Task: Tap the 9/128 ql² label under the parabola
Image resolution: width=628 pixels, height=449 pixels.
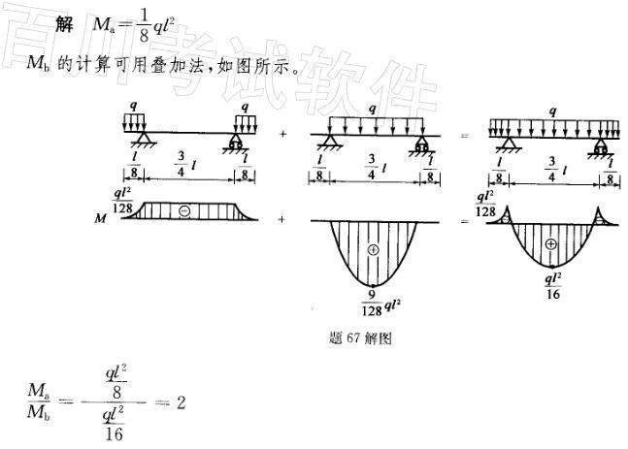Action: pos(372,302)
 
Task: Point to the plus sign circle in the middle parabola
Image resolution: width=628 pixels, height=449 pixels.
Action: pos(373,250)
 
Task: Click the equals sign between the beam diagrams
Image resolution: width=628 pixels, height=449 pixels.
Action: pos(464,135)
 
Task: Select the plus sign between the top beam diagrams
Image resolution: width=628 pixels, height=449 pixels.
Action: pos(282,135)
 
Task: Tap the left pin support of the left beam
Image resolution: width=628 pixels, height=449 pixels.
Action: pos(143,144)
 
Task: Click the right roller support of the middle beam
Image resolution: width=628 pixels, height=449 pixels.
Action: pos(422,144)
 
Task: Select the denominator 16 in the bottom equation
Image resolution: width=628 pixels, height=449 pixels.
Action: pos(116,433)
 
